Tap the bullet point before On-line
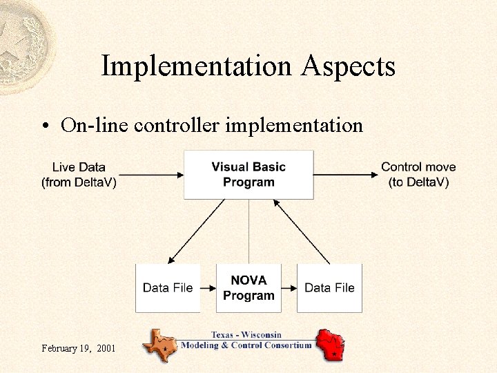click(44, 126)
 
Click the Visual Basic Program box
click(248, 175)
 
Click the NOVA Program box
click(248, 288)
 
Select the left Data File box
click(168, 288)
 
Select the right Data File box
click(329, 288)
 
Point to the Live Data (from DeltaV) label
click(79, 175)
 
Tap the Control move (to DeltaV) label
click(418, 175)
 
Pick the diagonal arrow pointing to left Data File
click(196, 231)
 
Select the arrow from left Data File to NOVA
click(208, 288)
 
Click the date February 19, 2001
click(77, 348)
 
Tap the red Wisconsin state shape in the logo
click(330, 343)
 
